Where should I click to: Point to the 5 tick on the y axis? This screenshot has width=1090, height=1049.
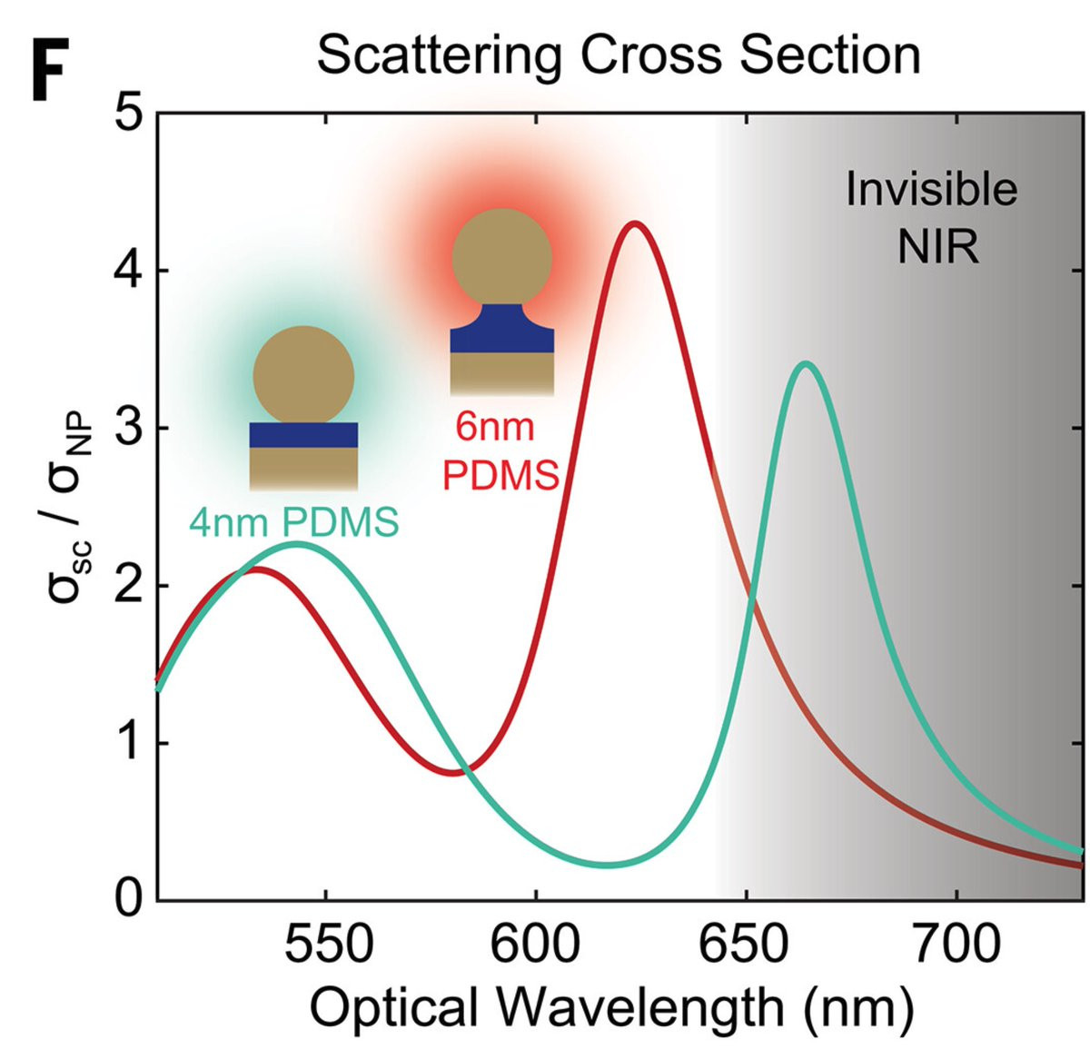131,114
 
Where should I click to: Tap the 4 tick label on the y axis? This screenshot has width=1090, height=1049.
131,272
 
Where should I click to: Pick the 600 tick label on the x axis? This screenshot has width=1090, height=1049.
536,945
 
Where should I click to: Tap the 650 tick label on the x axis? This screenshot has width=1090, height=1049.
746,945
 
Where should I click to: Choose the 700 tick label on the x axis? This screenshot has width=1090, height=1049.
956,945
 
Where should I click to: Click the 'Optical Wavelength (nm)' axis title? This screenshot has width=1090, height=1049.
610,1007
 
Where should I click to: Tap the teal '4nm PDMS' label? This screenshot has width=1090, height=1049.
293,522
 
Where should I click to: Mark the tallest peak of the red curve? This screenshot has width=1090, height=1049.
635,223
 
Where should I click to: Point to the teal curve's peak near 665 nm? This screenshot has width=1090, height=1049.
805,364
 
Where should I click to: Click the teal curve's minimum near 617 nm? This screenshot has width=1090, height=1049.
607,864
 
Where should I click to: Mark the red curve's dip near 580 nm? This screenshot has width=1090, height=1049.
452,773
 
